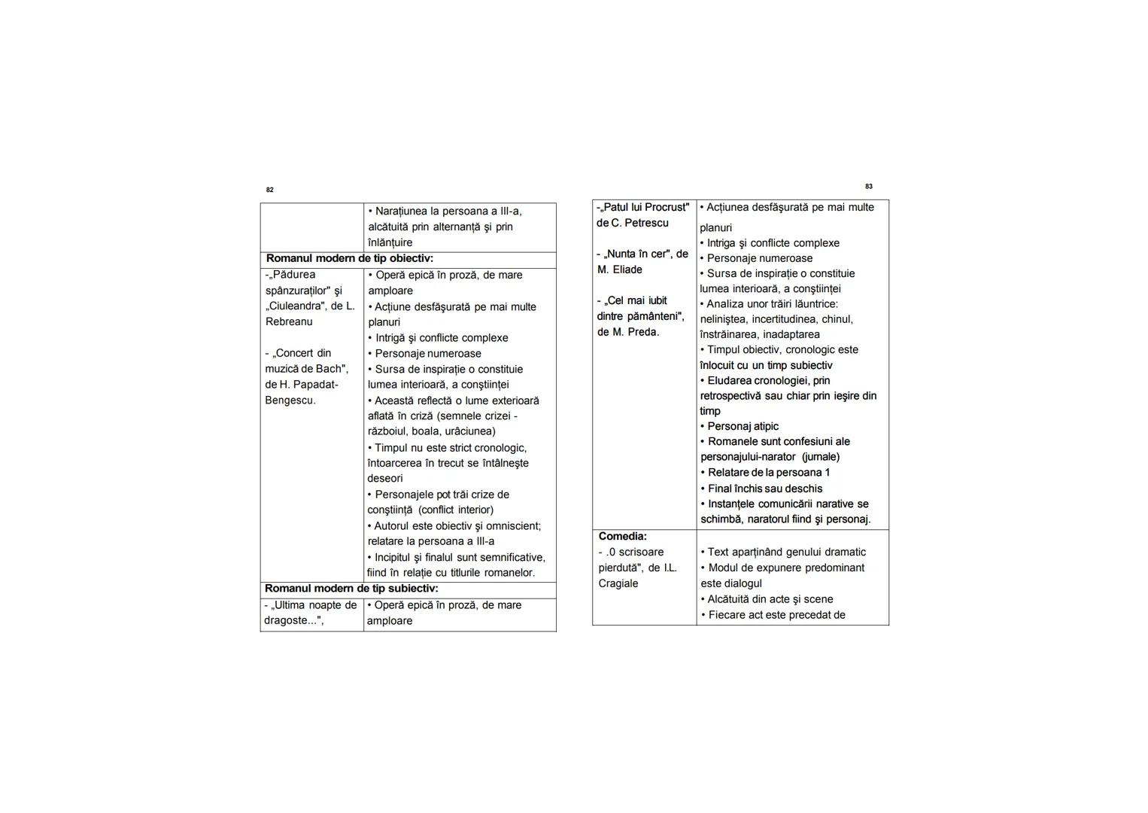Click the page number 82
tap(270, 190)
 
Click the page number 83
tap(869, 186)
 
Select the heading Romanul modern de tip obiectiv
tap(349, 259)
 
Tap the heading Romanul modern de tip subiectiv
tap(351, 589)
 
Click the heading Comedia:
tap(622, 537)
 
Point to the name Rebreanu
tap(289, 322)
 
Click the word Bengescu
tap(290, 400)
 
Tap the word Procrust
tap(667, 207)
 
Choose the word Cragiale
tap(618, 583)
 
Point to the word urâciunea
tap(470, 431)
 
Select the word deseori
tap(385, 479)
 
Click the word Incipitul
tap(398, 558)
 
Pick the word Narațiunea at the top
tap(402, 212)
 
